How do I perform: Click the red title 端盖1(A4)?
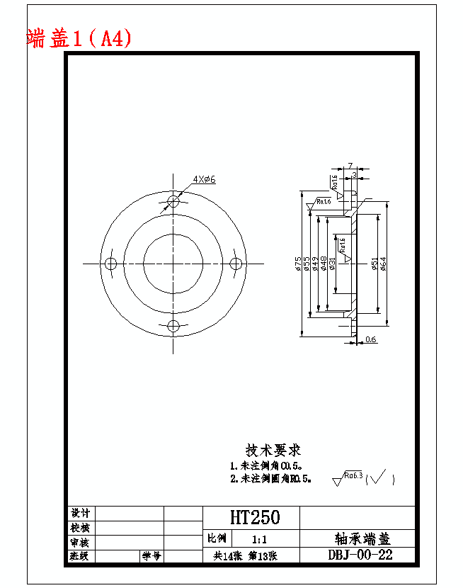79,38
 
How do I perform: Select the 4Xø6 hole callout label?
204,179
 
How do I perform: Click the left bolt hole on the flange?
110,264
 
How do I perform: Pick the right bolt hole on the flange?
236,264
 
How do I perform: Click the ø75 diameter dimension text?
298,264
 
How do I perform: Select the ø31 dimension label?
332,264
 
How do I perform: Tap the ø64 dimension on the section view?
383,264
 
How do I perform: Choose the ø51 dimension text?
374,264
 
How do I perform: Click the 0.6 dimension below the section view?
371,339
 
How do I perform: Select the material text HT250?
254,517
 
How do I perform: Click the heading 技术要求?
273,450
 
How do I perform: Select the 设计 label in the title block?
80,513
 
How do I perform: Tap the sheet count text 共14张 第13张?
245,556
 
